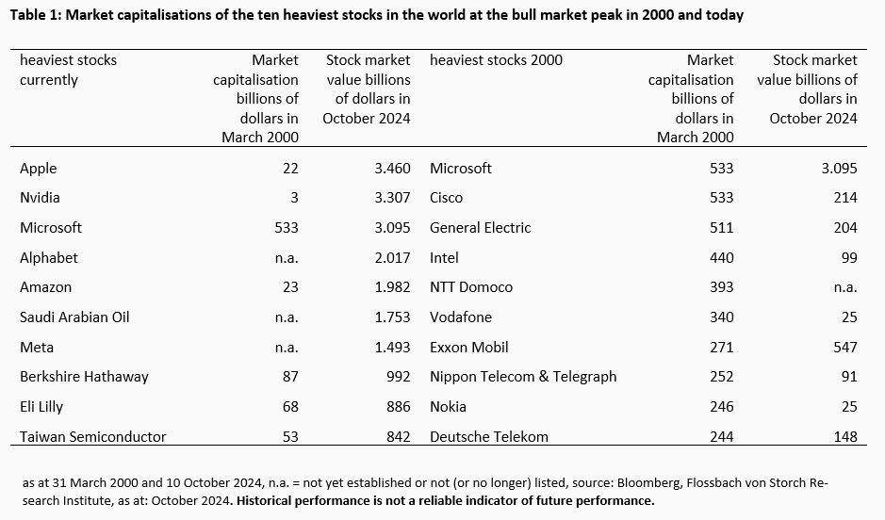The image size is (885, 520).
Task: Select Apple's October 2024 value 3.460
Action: click(391, 169)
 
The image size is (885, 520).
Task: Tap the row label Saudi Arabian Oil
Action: click(74, 317)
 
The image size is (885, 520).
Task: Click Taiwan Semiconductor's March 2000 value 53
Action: click(289, 436)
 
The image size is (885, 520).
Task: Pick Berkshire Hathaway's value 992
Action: click(397, 377)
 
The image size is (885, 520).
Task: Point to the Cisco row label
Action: click(447, 198)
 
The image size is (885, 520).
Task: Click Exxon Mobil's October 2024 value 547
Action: click(844, 347)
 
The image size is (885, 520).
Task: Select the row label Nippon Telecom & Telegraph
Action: click(523, 377)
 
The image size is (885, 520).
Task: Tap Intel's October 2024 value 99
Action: click(849, 257)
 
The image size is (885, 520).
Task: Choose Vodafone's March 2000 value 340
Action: click(720, 317)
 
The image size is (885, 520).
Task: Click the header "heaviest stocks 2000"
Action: click(496, 60)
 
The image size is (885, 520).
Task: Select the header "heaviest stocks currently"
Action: click(68, 70)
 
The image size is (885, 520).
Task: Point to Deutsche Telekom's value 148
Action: click(844, 436)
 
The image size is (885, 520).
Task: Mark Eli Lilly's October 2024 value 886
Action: click(397, 407)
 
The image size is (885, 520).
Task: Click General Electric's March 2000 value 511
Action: click(720, 228)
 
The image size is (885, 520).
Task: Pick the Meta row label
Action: click(37, 347)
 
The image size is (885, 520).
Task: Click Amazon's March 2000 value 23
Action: click(289, 287)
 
